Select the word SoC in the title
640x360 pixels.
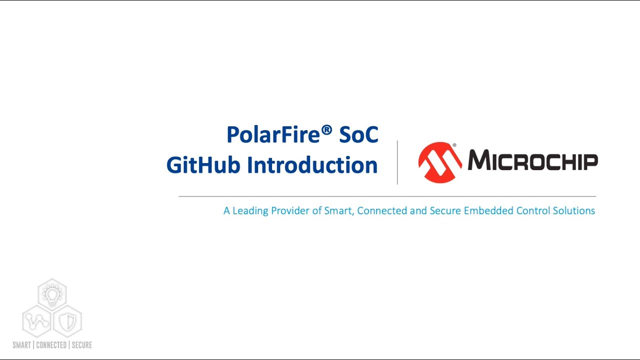point(358,135)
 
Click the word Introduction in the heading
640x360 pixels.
point(312,165)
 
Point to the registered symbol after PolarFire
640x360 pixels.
point(326,130)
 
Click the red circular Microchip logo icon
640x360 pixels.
point(440,162)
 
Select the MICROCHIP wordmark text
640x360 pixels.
point(532,161)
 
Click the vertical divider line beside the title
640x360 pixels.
point(397,162)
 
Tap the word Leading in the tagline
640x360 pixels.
point(250,211)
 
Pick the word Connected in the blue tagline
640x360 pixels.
point(382,211)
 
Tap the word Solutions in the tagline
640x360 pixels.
point(573,211)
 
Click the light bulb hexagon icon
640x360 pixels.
point(52,294)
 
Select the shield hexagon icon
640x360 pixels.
point(67,320)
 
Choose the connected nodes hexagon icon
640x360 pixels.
point(37,320)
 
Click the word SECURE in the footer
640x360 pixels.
point(82,345)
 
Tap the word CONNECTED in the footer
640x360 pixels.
point(51,345)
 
